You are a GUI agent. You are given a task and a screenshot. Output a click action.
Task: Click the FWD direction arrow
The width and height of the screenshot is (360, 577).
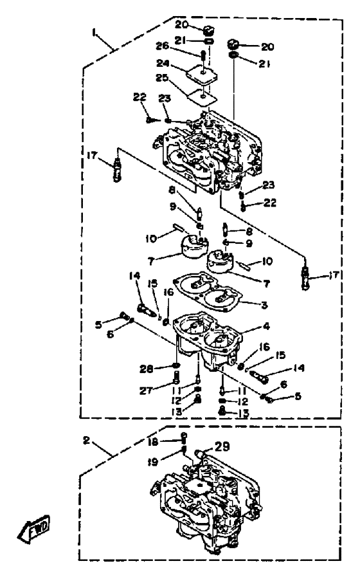pos(33,528)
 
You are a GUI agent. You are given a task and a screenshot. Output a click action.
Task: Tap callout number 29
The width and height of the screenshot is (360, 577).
pos(221,446)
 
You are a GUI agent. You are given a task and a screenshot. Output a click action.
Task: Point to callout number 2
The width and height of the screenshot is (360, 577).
pos(86,440)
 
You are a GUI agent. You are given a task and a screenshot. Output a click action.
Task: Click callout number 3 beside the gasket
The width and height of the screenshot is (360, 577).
pos(264,305)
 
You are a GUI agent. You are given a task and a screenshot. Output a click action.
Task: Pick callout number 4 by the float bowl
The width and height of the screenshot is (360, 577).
pos(266,326)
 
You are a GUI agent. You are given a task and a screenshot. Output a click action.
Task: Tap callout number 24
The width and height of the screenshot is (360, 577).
pos(162,64)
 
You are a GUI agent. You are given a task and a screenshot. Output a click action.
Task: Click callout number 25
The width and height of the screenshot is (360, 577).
pos(161,78)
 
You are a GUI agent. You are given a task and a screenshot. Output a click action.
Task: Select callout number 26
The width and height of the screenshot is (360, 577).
pos(162,46)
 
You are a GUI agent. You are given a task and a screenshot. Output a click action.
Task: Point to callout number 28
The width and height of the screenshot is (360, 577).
pos(147,369)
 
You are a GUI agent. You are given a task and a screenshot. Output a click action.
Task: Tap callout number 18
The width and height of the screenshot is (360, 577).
pos(154,441)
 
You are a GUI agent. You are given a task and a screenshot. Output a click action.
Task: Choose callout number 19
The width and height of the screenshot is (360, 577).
pos(152,461)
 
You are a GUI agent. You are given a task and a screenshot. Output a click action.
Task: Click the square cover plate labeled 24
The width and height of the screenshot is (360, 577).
pos(201,75)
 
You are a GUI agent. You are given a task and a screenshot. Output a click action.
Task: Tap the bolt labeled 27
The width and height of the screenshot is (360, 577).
pos(176,378)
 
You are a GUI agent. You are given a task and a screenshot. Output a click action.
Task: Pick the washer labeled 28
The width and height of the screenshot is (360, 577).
pos(177,366)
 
